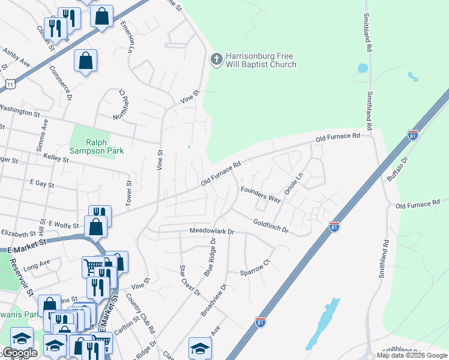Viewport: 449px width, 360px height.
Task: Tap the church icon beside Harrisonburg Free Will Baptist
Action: pyautogui.click(x=215, y=59)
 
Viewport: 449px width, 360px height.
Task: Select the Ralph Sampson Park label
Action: pyautogui.click(x=97, y=146)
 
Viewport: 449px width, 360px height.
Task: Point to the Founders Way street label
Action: pyautogui.click(x=261, y=194)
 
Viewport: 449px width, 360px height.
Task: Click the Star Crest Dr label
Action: pyautogui.click(x=189, y=278)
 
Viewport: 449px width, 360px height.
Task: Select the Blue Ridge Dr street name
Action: pyautogui.click(x=209, y=256)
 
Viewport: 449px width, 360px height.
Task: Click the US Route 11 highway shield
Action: pyautogui.click(x=10, y=85)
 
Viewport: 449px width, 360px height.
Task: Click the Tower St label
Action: pyautogui.click(x=129, y=194)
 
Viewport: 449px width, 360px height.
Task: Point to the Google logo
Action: pyautogui.click(x=19, y=353)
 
